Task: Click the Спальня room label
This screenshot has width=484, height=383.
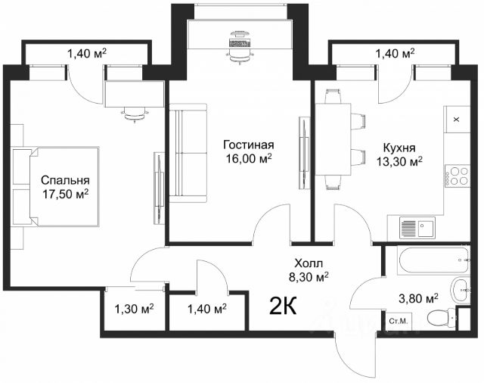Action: click(65, 180)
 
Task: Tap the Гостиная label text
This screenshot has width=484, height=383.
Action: click(249, 145)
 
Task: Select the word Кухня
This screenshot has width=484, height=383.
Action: click(399, 148)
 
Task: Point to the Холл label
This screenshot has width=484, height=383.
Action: click(309, 263)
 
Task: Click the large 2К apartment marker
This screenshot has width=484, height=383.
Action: click(283, 305)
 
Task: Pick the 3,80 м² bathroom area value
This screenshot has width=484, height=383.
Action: click(418, 298)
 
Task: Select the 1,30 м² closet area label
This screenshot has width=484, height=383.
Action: click(135, 308)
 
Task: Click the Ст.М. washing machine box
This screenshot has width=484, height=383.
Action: click(399, 321)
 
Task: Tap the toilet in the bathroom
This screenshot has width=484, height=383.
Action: click(442, 317)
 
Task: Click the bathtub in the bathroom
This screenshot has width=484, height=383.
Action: click(433, 260)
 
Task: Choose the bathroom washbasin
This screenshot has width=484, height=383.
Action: click(461, 290)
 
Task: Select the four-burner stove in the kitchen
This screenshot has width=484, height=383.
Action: click(457, 176)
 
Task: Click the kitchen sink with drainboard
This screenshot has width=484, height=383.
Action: click(417, 228)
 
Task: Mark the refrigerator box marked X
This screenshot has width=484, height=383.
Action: click(457, 120)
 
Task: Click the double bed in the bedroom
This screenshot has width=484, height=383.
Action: click(56, 187)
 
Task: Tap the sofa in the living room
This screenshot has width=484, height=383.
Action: click(188, 153)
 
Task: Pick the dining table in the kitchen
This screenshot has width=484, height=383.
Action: click(333, 139)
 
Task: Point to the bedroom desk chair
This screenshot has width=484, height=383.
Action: click(135, 114)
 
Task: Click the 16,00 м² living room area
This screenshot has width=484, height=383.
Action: click(249, 158)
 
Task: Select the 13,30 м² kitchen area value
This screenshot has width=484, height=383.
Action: click(399, 161)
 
